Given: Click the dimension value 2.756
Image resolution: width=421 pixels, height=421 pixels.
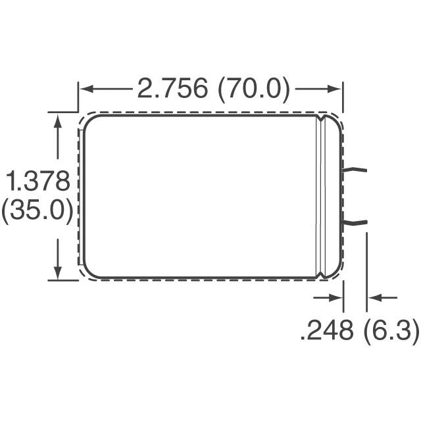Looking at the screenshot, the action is click(172, 88).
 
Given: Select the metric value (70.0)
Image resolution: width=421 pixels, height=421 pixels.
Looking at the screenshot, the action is click(254, 89).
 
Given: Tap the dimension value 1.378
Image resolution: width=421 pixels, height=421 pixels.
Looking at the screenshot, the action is click(38, 181).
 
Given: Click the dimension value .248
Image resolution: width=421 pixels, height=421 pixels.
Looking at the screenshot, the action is click(326, 330).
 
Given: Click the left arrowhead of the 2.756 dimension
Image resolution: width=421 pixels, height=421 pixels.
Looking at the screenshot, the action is click(86, 89).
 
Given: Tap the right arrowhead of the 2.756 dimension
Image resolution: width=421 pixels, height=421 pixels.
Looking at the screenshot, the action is click(334, 89).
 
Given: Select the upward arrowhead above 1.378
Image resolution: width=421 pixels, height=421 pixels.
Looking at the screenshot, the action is click(57, 120).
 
